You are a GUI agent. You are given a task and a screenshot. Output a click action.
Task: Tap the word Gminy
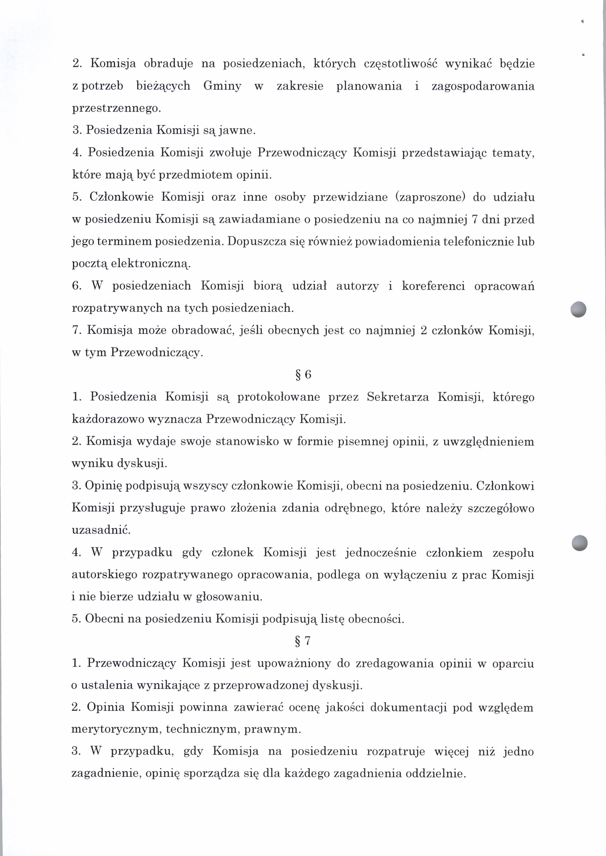(x=222, y=86)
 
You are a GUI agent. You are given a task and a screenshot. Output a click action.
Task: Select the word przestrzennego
(x=116, y=108)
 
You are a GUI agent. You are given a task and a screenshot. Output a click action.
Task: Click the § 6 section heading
(x=303, y=375)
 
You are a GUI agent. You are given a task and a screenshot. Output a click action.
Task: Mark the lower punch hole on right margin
(x=580, y=542)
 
